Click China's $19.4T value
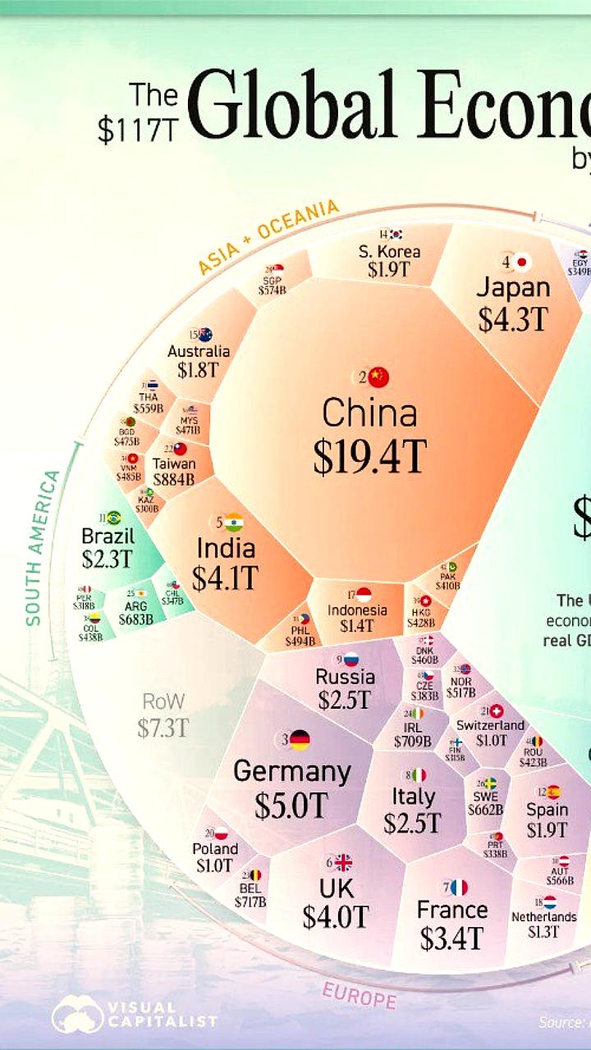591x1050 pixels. tap(369, 457)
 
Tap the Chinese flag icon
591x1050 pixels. tap(378, 377)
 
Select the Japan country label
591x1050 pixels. tap(513, 288)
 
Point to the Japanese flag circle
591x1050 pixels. tap(522, 262)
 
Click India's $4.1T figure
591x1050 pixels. tap(225, 577)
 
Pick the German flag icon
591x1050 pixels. tap(299, 740)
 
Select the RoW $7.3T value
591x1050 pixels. tap(163, 728)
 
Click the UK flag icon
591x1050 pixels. tap(343, 862)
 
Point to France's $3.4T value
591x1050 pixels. tap(451, 938)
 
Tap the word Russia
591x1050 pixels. tap(345, 677)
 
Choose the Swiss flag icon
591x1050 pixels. tap(496, 710)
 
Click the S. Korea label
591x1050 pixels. tap(390, 251)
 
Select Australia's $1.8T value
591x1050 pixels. tap(199, 369)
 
